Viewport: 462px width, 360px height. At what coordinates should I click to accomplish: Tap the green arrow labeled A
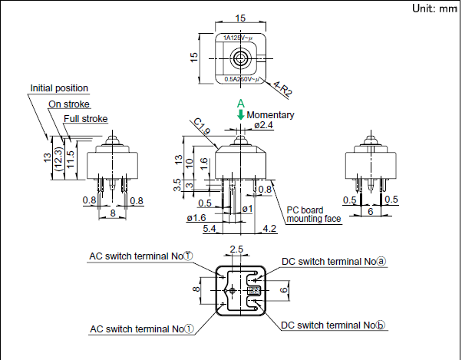pos(241,114)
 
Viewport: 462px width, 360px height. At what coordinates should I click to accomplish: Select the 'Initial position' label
pos(59,88)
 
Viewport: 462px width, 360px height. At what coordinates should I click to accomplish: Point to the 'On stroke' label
pos(69,104)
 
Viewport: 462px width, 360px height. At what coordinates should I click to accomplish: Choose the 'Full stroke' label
pos(85,118)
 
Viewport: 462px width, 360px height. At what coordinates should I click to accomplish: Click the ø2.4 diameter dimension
pos(262,125)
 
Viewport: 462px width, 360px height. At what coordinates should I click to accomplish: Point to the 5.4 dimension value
pos(209,228)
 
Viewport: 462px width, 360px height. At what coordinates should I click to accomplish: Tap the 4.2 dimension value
pos(269,228)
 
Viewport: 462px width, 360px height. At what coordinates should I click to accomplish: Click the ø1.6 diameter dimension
pos(195,217)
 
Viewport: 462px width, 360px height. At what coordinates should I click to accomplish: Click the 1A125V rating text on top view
pos(240,37)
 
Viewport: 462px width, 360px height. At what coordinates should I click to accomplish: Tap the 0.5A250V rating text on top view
pos(242,78)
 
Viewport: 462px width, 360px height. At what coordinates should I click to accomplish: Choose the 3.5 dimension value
pos(178,184)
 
